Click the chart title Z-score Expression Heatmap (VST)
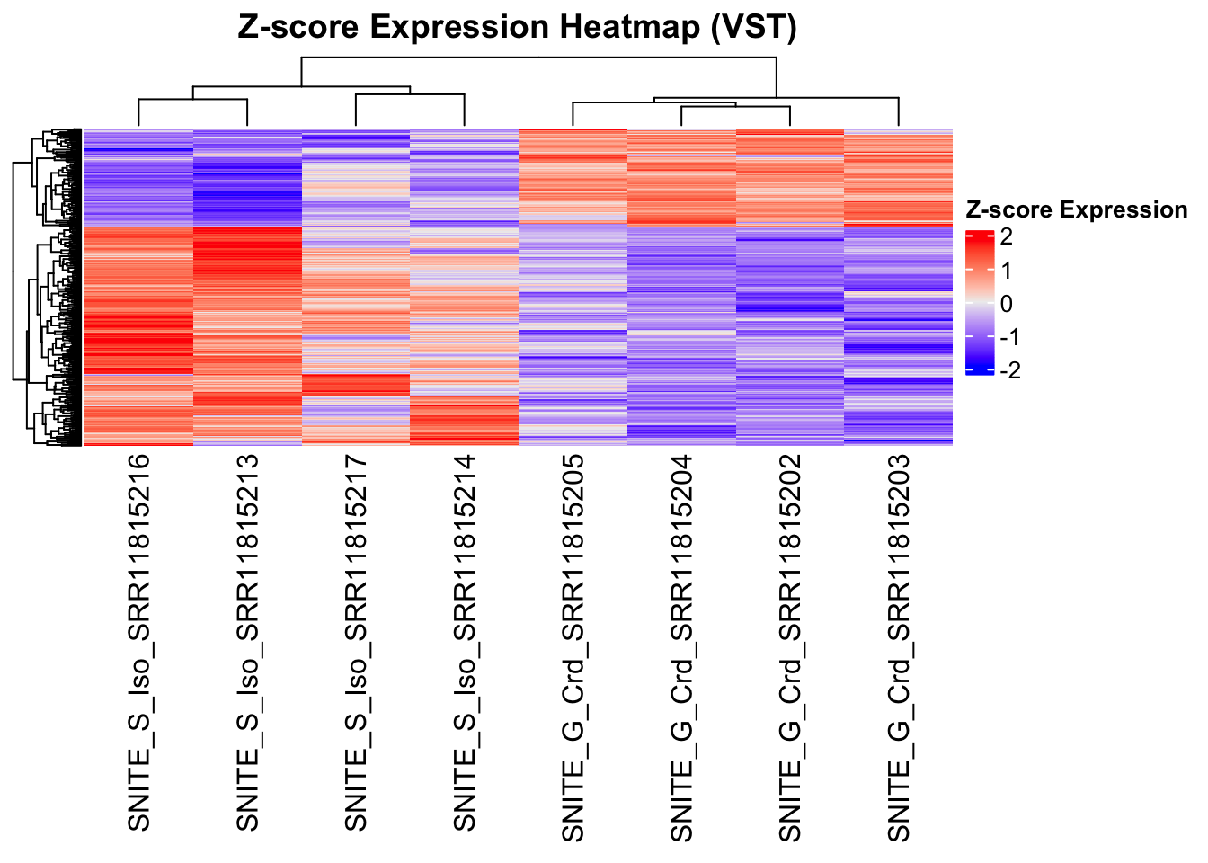click(x=517, y=27)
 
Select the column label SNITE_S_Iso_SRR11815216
click(x=139, y=643)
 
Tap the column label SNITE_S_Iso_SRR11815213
click(x=248, y=643)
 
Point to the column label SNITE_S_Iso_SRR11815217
click(x=357, y=643)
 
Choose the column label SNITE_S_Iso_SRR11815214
click(x=465, y=643)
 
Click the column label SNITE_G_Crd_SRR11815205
click(x=573, y=647)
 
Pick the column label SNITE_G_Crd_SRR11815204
click(x=682, y=647)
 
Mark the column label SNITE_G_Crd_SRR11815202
click(x=790, y=647)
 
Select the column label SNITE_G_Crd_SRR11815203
click(x=899, y=647)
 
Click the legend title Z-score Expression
click(x=1076, y=209)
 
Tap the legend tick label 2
click(x=1006, y=237)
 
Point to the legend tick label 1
click(x=1006, y=271)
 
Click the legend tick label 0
click(x=1006, y=304)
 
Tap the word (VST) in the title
click(x=753, y=27)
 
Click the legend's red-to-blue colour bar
click(x=979, y=303)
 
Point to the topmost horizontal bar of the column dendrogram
click(x=539, y=58)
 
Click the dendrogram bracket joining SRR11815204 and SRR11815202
click(x=735, y=107)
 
